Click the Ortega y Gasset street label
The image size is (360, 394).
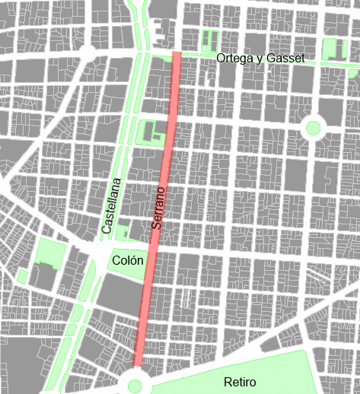(260, 59)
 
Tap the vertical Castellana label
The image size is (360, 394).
(111, 205)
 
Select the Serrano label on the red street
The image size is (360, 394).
(158, 209)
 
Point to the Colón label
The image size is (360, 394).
(127, 261)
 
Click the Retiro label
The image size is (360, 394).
(240, 382)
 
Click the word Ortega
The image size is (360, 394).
(234, 59)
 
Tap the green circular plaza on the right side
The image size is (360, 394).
(312, 128)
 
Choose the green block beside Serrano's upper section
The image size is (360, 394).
(151, 131)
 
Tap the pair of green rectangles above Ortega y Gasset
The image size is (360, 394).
(209, 40)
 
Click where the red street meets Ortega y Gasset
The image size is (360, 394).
(177, 56)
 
